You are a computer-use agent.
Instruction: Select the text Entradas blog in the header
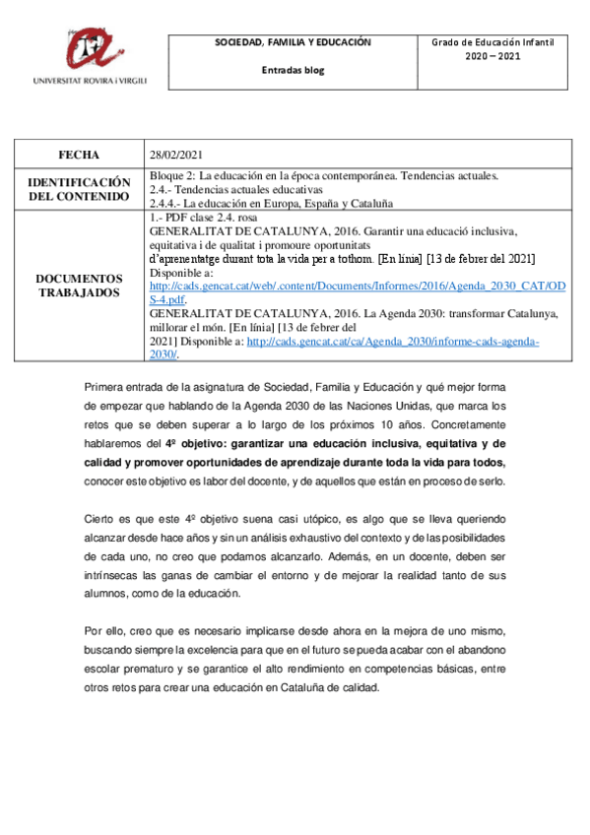click(x=293, y=70)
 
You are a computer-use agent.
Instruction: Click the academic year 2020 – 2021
click(x=492, y=56)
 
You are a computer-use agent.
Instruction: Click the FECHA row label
click(x=79, y=155)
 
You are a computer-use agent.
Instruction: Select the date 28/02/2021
click(x=174, y=155)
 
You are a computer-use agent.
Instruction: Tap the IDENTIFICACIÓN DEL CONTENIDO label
click(x=79, y=189)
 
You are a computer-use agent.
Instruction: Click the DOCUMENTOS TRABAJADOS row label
click(x=79, y=286)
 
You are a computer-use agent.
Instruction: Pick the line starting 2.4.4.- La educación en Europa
click(x=271, y=202)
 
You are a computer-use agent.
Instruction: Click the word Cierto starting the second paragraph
click(x=103, y=517)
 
